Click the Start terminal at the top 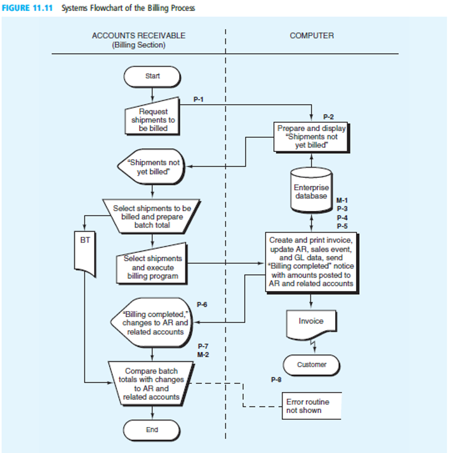(152, 76)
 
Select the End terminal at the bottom (152, 430)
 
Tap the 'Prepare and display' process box (311, 137)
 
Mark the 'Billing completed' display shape (152, 323)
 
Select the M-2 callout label (203, 354)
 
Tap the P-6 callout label (203, 304)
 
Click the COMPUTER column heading (311, 36)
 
